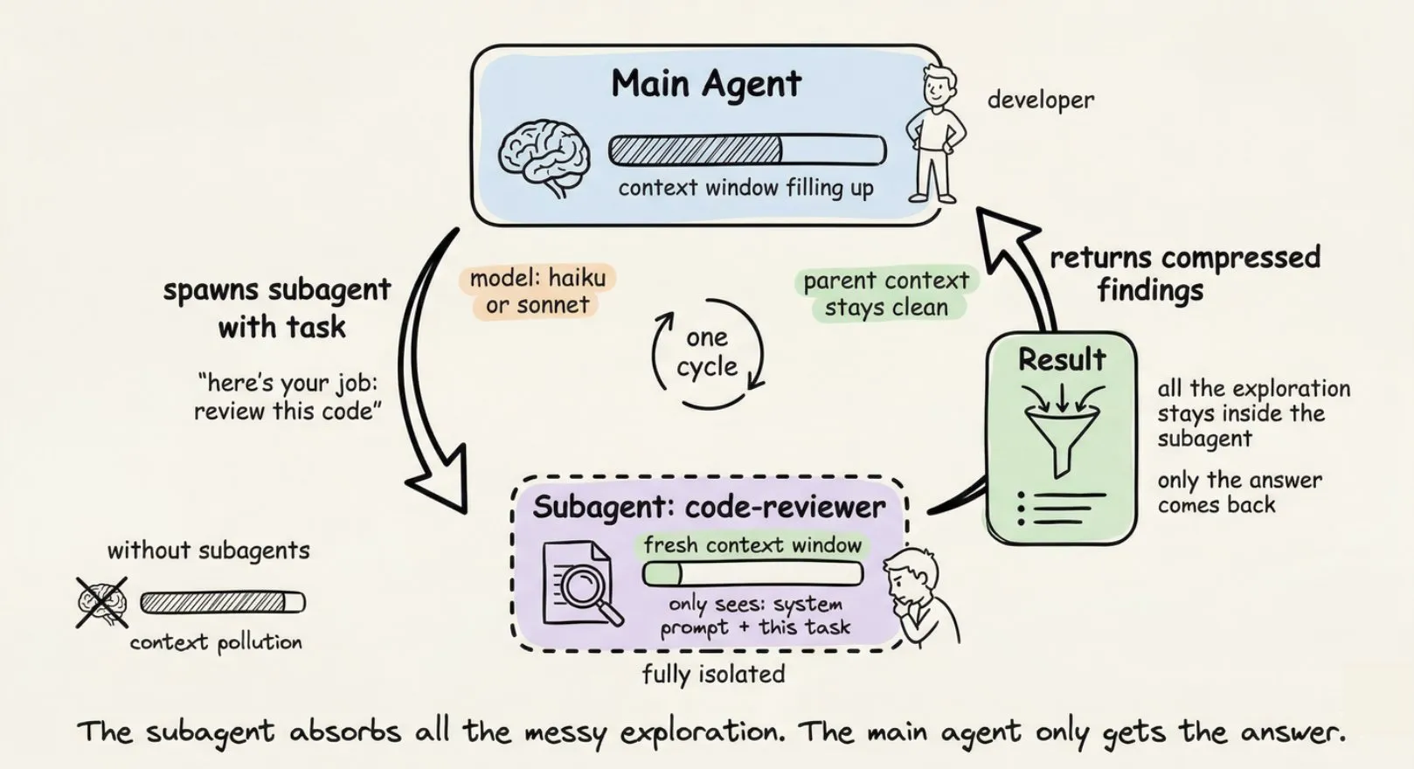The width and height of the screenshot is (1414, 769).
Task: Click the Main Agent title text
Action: click(705, 85)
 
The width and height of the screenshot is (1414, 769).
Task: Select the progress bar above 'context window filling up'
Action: click(747, 150)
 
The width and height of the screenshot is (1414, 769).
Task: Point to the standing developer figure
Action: click(935, 135)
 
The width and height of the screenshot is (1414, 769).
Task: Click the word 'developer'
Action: click(1040, 100)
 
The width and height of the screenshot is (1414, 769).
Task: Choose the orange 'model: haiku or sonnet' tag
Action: click(537, 291)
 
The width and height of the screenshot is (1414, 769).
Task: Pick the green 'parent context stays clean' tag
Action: click(886, 294)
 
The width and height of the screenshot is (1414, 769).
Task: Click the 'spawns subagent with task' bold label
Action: click(277, 308)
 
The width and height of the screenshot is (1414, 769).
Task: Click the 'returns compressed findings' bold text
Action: click(1183, 273)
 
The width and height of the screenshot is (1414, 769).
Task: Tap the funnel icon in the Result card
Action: click(1061, 428)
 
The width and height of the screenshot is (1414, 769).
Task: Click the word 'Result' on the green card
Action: click(1061, 359)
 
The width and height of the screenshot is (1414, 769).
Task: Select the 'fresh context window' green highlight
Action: click(752, 545)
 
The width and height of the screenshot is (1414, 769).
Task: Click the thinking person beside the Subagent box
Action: click(918, 599)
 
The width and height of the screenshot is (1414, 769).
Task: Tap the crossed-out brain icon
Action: click(101, 601)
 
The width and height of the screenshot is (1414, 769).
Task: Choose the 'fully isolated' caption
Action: click(713, 674)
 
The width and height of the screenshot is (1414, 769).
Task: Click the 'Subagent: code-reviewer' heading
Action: click(709, 507)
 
